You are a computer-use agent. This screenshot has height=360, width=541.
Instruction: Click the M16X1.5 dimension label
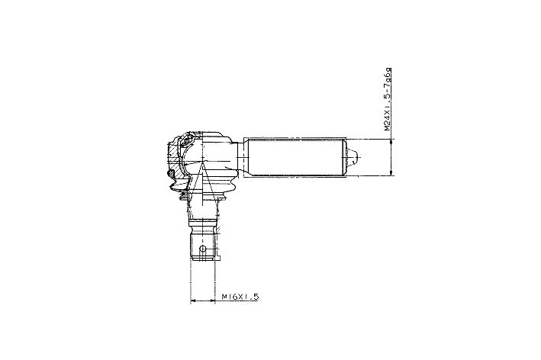coord(240,297)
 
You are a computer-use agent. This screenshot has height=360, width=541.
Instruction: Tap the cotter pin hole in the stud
coord(203,249)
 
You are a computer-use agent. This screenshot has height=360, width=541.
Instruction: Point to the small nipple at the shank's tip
coord(353,157)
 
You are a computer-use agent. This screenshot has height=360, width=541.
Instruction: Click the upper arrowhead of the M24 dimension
coord(391,141)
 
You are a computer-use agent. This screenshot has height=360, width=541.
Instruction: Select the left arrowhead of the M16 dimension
coord(194,301)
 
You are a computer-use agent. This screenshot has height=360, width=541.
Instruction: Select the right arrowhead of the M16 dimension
coord(211,301)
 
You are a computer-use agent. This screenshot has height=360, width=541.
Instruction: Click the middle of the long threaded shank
coord(295,157)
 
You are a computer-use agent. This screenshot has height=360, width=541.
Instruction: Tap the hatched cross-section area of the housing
coord(175,159)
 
